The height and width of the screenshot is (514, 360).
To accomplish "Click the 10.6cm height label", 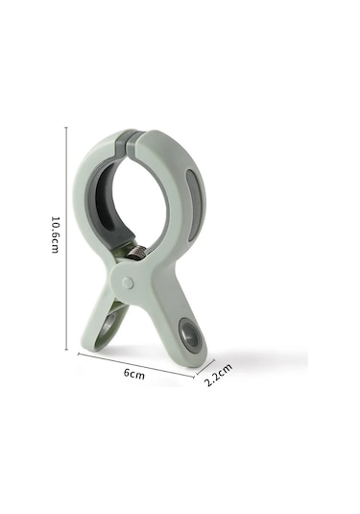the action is (x=55, y=234).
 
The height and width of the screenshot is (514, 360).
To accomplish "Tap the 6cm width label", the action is (x=134, y=374).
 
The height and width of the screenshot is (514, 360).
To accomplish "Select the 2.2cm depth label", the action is (x=218, y=375).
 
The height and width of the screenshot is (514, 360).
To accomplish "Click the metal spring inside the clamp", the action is (x=135, y=252).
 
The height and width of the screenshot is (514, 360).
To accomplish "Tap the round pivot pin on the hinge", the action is (x=128, y=283).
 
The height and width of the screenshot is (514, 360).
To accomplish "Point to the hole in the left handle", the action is (x=108, y=324).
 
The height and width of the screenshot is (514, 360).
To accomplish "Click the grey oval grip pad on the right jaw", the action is (x=192, y=206).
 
